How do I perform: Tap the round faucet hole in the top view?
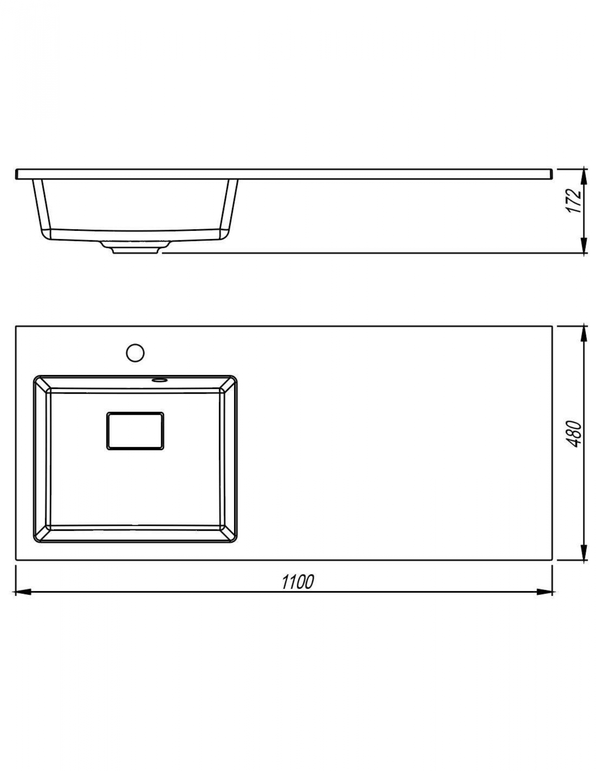(135, 353)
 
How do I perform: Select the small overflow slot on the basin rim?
(159, 380)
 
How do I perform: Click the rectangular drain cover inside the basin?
(135, 431)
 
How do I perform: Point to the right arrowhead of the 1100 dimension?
(545, 592)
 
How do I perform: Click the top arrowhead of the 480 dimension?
(584, 334)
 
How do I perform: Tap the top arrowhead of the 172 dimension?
(584, 177)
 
